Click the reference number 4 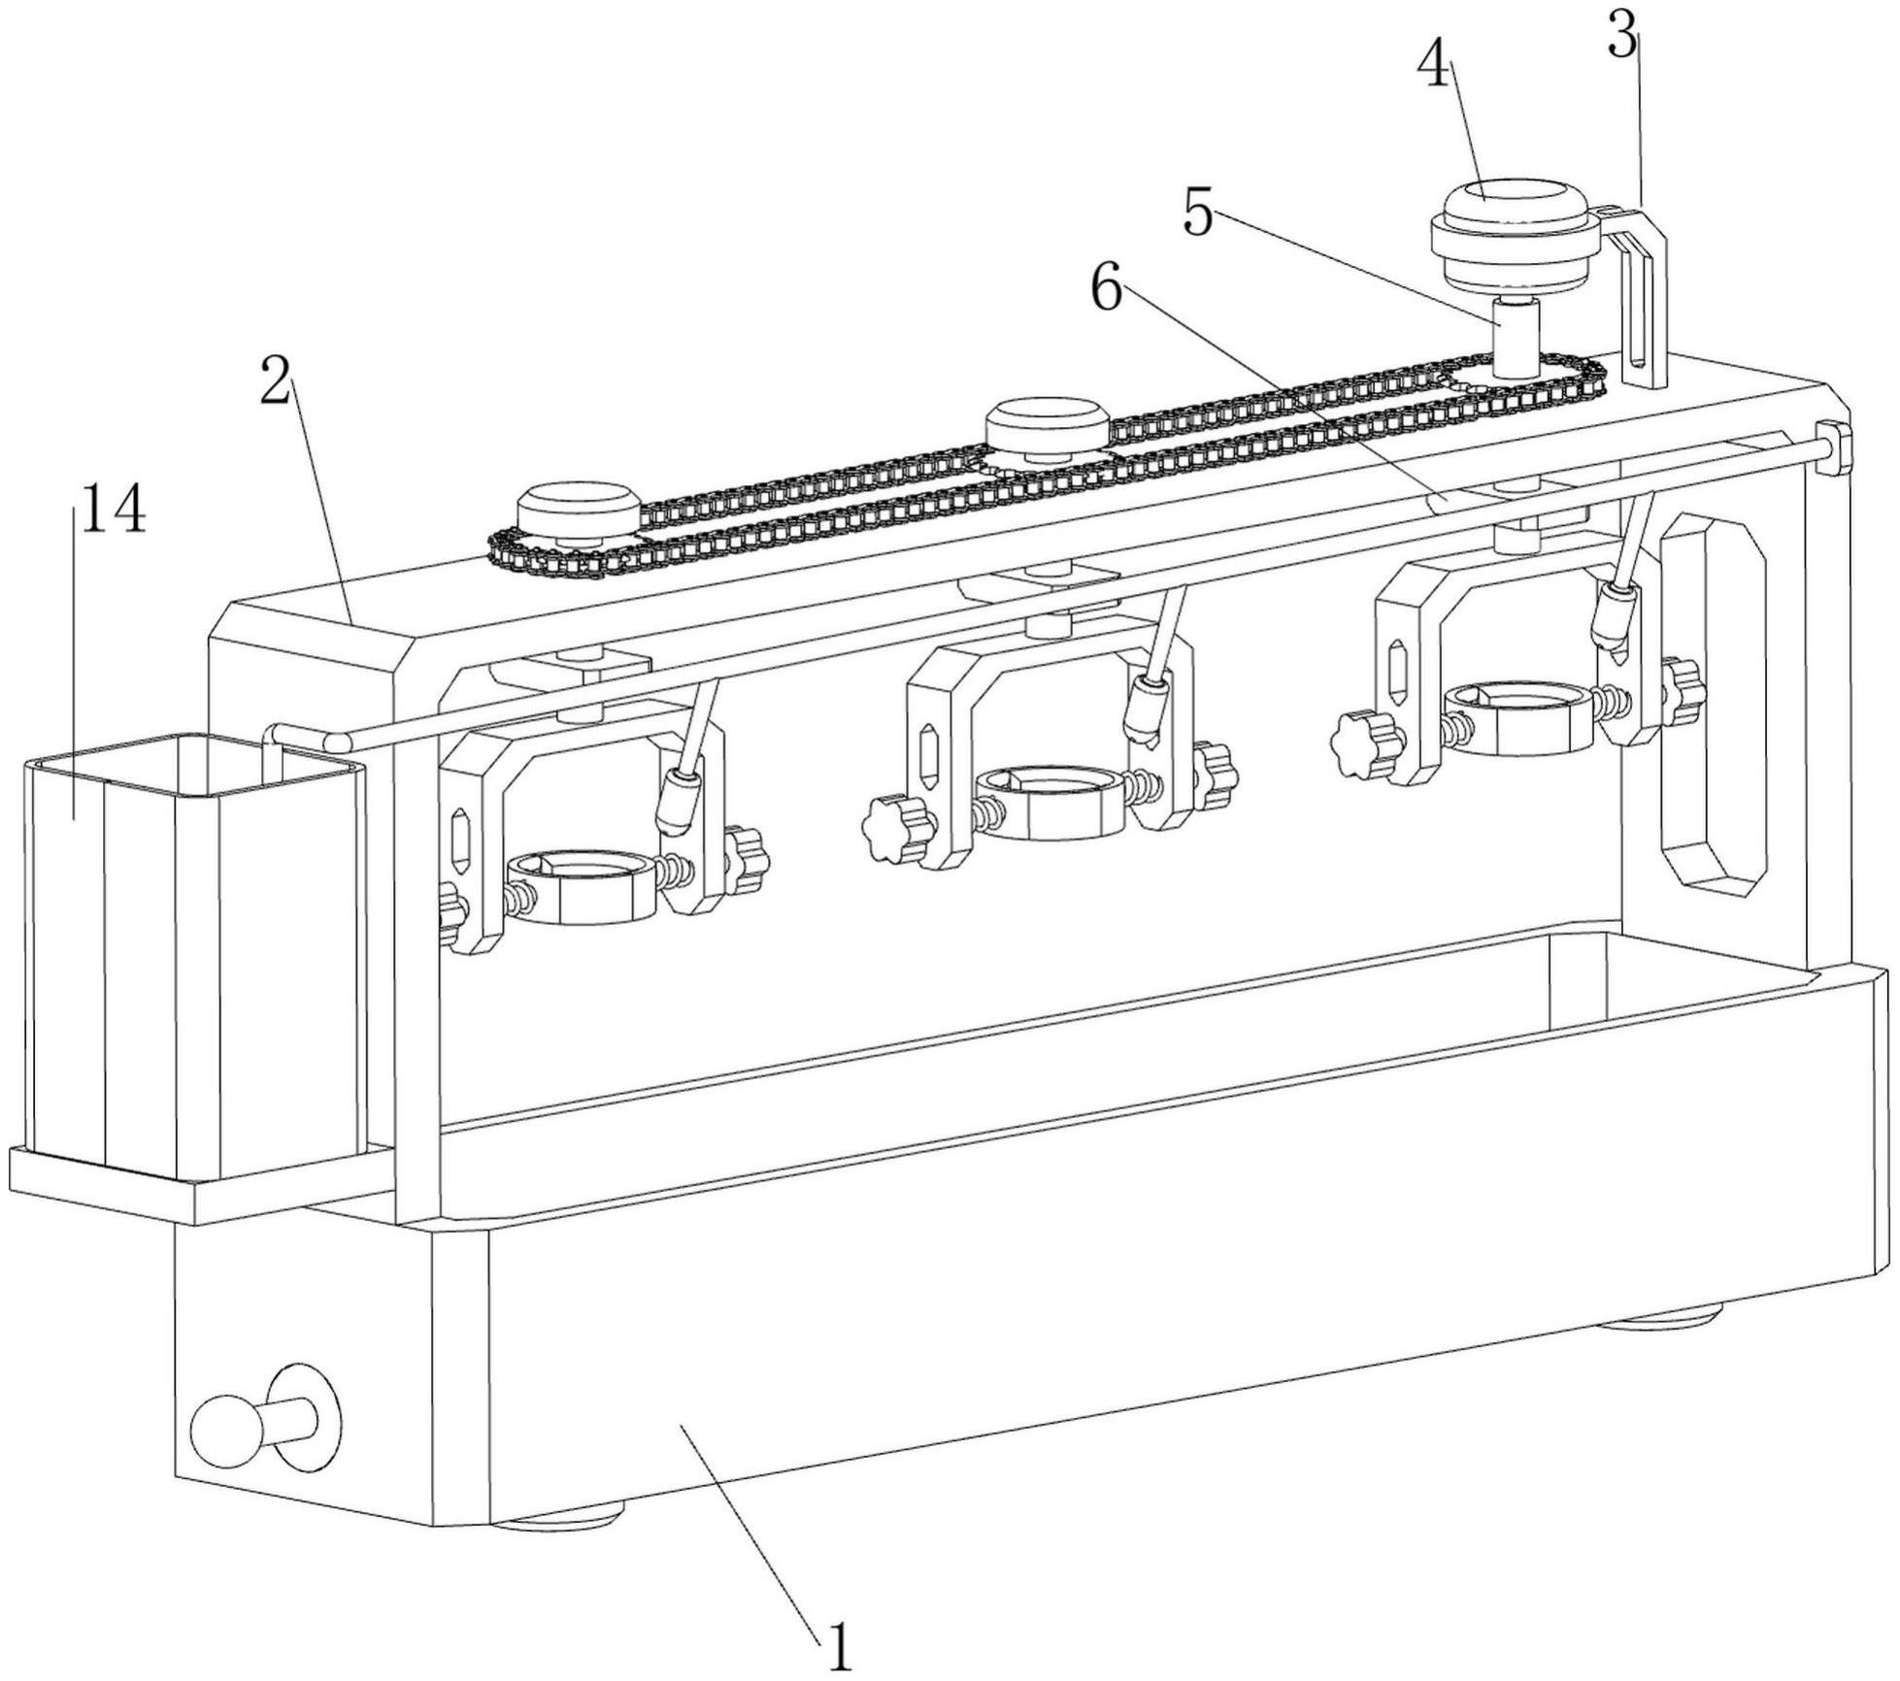click(1436, 68)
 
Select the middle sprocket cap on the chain click(1047, 427)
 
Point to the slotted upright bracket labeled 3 click(1644, 301)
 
